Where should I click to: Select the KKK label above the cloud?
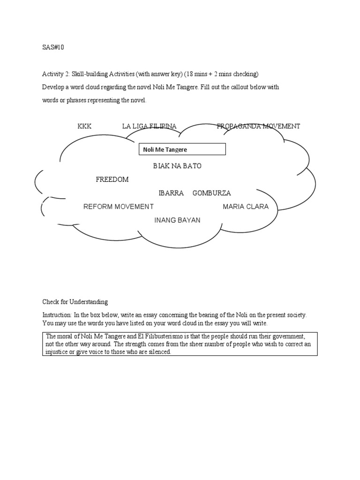point(84,126)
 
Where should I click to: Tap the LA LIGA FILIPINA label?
point(149,126)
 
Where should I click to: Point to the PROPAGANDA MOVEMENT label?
point(258,126)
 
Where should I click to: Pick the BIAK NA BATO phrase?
point(177,166)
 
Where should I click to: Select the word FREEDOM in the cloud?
point(112,180)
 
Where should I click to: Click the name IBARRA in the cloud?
point(171,193)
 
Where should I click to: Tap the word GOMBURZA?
point(211,193)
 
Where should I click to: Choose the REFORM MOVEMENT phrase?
point(118,207)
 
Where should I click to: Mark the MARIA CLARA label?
point(246,207)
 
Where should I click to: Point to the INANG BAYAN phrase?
point(177,220)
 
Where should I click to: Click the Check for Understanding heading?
point(75,302)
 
